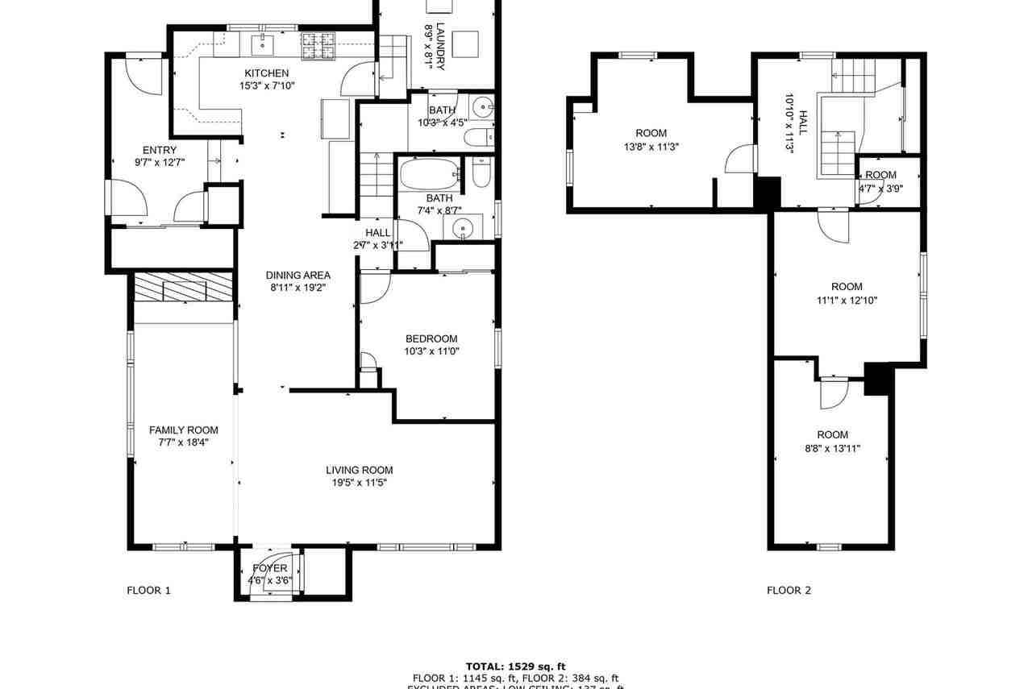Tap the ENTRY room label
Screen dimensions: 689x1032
(160, 150)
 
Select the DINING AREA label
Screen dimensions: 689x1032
(298, 275)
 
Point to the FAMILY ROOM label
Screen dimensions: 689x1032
(184, 430)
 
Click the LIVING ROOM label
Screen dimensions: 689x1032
(359, 470)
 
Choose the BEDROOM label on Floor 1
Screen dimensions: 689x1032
(431, 338)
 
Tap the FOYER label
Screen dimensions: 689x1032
(269, 568)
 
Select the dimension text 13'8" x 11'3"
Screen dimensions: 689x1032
(651, 147)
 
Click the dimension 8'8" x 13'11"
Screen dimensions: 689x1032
(832, 448)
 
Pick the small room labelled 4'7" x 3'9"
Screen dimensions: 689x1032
(880, 189)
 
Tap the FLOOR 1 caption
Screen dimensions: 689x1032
(149, 590)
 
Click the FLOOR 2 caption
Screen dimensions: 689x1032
(789, 590)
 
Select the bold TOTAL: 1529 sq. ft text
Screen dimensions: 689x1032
(516, 666)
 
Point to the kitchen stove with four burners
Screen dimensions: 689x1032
(318, 46)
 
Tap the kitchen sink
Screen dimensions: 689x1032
(264, 42)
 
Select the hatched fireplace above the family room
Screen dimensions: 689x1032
(183, 288)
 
